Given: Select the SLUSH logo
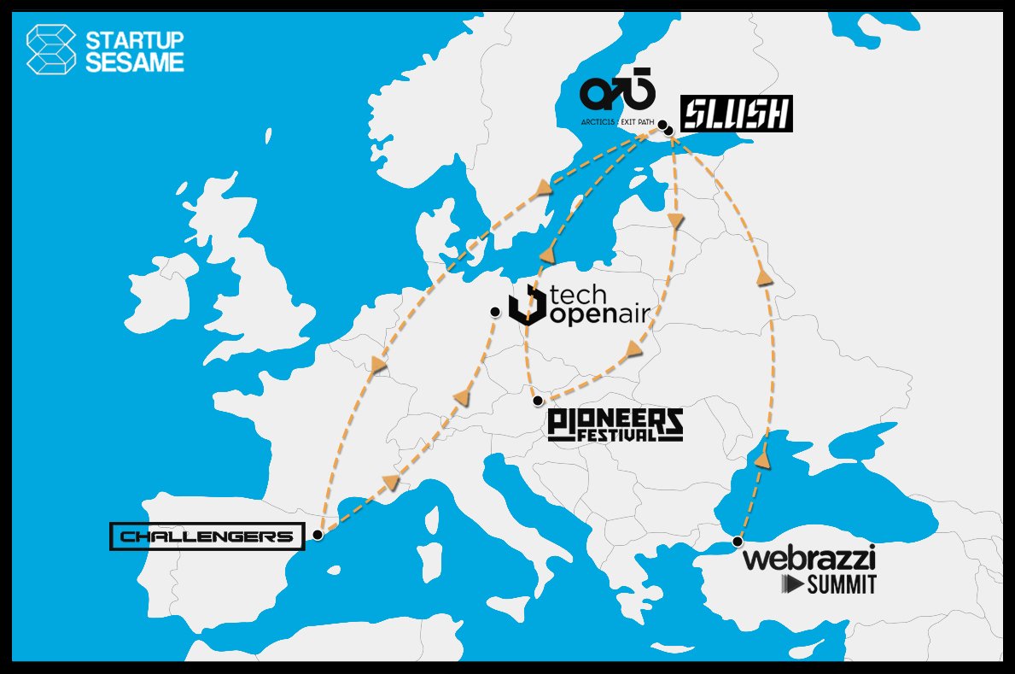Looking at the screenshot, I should coord(737,114).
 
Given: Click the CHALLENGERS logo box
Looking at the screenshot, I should coord(207,536).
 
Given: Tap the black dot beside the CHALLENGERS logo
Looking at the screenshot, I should coord(318,535).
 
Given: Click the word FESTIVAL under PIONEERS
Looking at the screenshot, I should coord(617,435).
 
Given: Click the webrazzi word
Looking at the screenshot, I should coord(809,560).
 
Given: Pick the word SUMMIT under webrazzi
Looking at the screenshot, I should coord(842,585).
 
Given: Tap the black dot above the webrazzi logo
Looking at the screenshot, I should coord(738,541).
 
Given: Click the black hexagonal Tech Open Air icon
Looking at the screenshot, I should coord(527,306).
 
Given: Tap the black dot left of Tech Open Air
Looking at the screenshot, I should coord(495,312).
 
